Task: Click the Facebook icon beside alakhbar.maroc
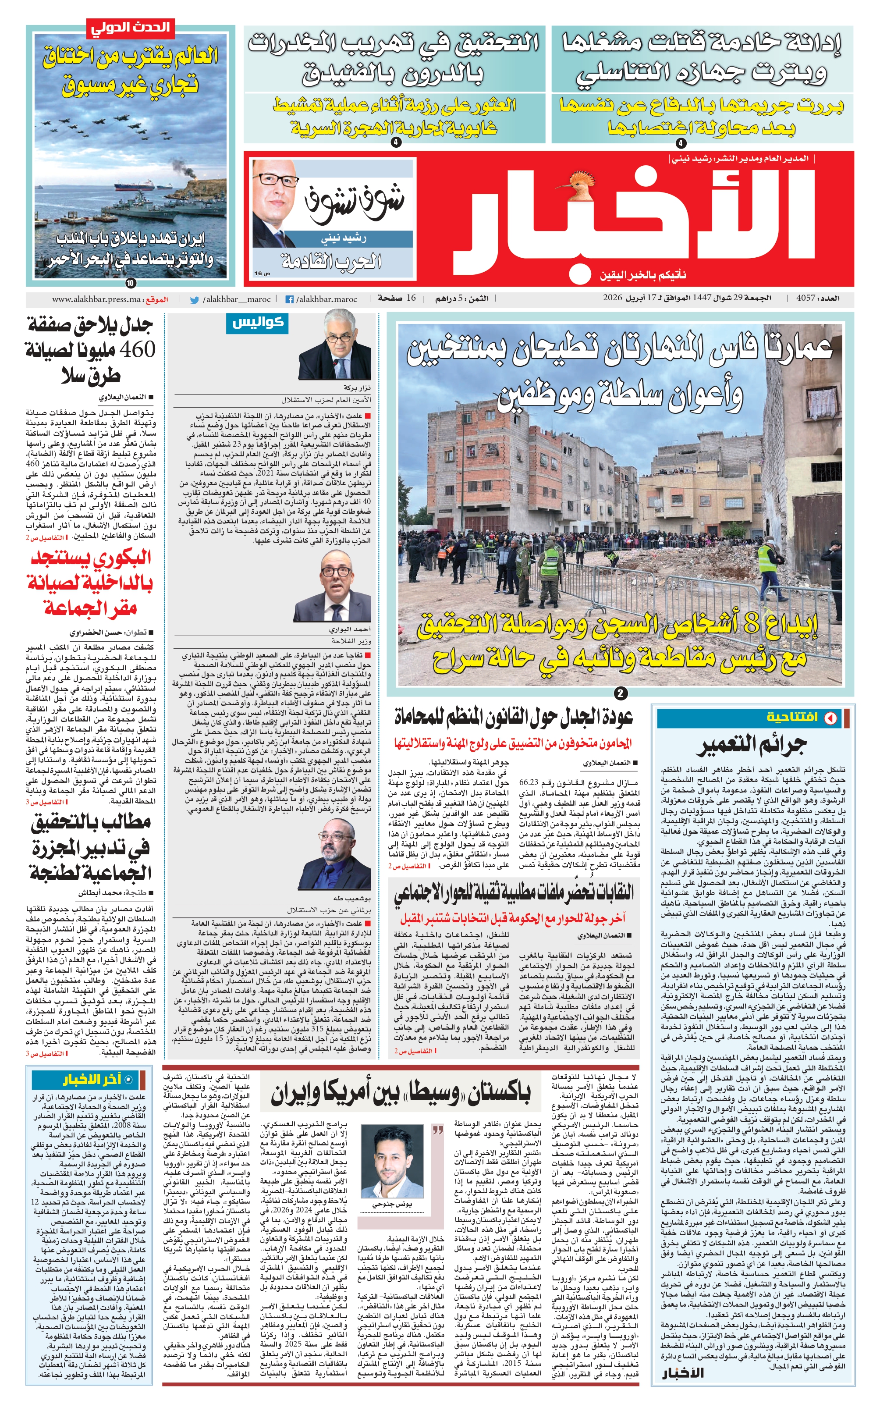[289, 300]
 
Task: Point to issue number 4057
[805, 299]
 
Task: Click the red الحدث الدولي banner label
[130, 27]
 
